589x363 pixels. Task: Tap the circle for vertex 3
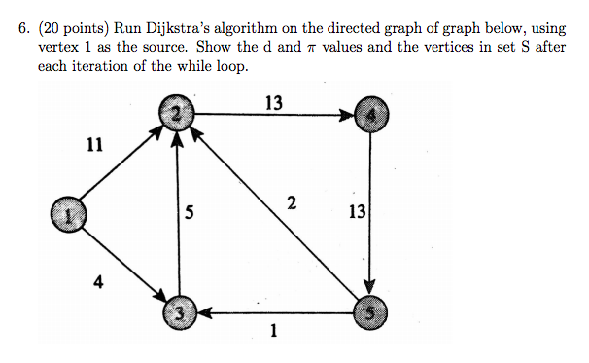177,312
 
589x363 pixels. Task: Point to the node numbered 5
371,312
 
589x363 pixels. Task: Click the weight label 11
93,146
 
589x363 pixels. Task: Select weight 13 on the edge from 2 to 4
273,99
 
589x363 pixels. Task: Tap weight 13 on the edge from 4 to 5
357,212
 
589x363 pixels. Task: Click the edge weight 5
191,214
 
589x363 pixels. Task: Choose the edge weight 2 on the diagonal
291,202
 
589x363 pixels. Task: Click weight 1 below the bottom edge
273,332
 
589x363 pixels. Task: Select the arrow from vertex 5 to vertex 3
274,312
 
